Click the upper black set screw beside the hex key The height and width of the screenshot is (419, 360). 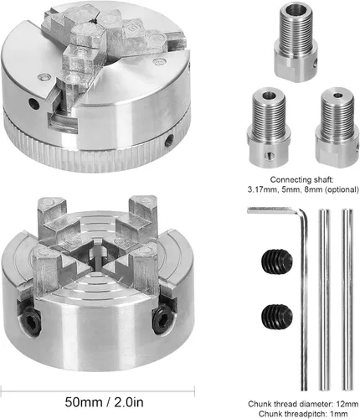click(x=277, y=261)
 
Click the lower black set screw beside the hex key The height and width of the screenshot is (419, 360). click(x=277, y=317)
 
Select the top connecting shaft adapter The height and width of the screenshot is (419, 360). click(x=296, y=44)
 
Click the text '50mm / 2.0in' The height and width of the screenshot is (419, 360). click(x=105, y=402)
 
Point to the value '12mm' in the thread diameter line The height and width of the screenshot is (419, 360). click(x=347, y=404)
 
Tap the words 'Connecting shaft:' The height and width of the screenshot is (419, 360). click(x=301, y=179)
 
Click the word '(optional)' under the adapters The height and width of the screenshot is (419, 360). click(x=342, y=189)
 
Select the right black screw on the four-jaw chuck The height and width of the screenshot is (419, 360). click(x=160, y=319)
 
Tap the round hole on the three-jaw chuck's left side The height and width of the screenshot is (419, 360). click(x=34, y=104)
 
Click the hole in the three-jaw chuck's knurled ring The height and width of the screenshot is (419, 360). click(x=169, y=140)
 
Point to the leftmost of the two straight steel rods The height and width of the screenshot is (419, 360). click(x=324, y=299)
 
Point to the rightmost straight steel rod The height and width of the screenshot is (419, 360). click(x=347, y=299)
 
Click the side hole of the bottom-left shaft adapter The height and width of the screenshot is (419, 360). click(x=269, y=156)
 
